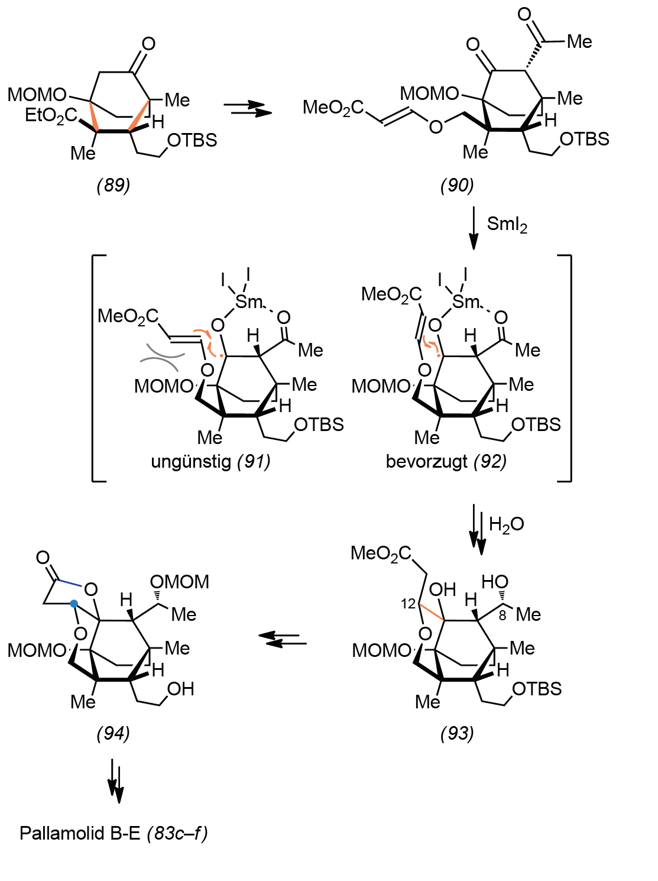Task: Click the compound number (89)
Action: tap(114, 186)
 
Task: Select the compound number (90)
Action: tap(457, 186)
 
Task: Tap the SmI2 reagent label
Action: tap(507, 225)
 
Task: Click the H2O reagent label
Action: tap(506, 524)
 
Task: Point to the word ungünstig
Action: tap(191, 462)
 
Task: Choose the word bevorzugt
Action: tap(426, 462)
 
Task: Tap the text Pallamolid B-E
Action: tap(80, 834)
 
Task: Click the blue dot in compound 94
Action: tap(73, 603)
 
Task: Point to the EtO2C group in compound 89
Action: tap(51, 115)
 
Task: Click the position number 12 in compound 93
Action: tap(408, 604)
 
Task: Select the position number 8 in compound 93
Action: tap(503, 616)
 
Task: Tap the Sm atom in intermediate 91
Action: tap(249, 302)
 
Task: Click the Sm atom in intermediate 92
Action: tap(466, 302)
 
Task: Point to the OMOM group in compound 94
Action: tap(180, 582)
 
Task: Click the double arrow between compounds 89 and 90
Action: tap(248, 108)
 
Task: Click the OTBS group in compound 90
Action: tap(585, 140)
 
